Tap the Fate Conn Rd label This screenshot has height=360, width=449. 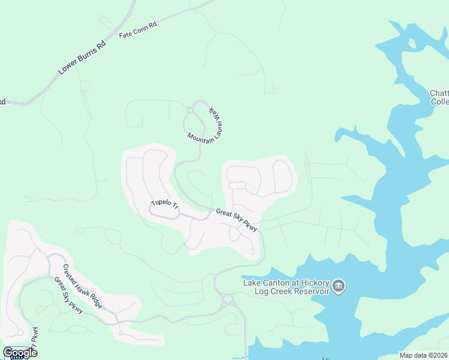pos(137,31)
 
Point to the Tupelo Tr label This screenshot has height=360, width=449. pos(164,204)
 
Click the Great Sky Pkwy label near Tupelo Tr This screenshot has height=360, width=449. pos(237,220)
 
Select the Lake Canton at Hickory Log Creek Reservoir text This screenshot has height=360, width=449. pos(286,287)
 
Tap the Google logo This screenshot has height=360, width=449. pos(19,352)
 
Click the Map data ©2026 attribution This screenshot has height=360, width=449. pos(424,355)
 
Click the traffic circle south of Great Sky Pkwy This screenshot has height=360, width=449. pos(228,298)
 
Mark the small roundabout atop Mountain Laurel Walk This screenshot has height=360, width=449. pos(190,110)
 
